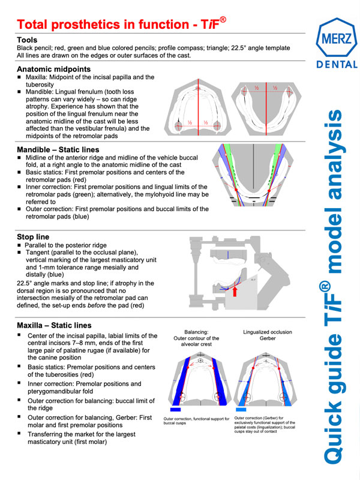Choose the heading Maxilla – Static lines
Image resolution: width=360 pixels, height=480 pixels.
coord(62,325)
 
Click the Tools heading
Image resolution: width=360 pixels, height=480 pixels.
coord(28,40)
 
